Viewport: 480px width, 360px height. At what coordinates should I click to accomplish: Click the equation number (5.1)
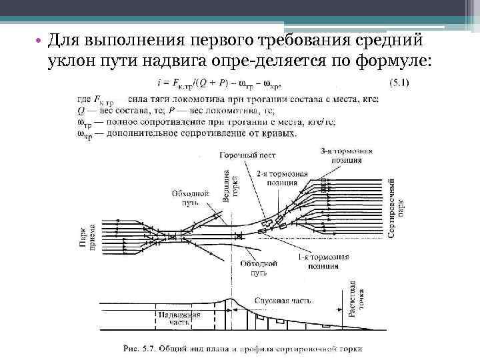[399, 83]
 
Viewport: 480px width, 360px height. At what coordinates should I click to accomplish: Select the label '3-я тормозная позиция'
[342, 155]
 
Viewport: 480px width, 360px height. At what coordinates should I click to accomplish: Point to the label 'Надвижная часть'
[170, 317]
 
